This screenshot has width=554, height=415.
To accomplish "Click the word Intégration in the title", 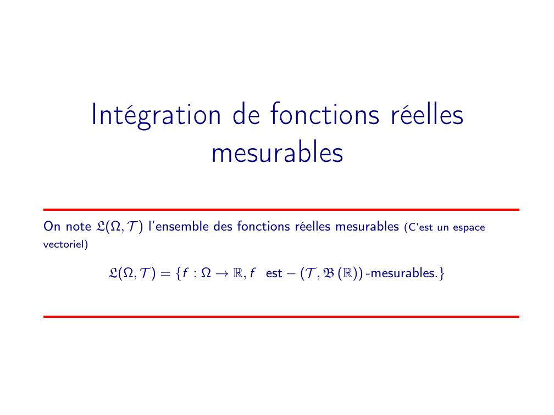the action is pos(156,115).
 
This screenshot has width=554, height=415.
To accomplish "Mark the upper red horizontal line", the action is pos(281,210).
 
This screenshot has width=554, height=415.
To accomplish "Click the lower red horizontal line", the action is pos(281,317).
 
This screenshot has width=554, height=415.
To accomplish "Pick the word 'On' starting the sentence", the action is pos(52,226).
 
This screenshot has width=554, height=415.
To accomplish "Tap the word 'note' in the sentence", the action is pos(79,227).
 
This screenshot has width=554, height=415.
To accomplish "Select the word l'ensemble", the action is pos(179,226).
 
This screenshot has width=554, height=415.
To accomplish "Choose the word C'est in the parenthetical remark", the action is pos(421,227).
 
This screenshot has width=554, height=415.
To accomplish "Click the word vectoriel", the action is pos(63,244).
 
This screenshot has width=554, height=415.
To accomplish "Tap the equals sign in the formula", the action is pos(165,274).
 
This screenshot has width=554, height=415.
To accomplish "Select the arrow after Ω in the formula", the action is pos(222,273).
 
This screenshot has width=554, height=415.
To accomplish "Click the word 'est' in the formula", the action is pos(274,273).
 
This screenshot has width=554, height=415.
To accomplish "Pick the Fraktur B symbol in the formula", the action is pos(329,273).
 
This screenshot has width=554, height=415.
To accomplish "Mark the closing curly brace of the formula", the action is pos(442,273).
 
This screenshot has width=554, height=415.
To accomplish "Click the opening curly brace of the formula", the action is pos(178,273).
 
